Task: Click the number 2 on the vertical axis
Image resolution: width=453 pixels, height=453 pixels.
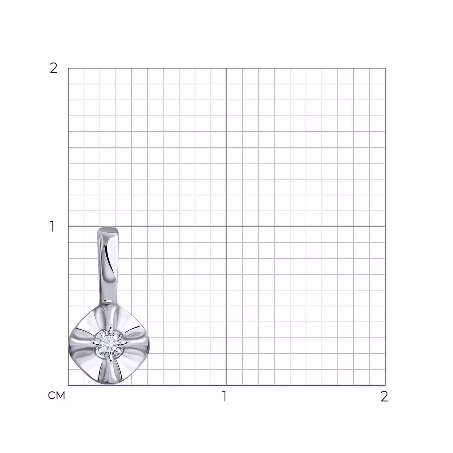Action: pyautogui.click(x=54, y=68)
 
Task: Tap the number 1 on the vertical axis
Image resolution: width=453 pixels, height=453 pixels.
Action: pyautogui.click(x=52, y=226)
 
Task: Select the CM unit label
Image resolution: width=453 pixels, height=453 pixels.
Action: pyautogui.click(x=57, y=396)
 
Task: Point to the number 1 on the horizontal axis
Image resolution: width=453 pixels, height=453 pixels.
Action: pyautogui.click(x=224, y=396)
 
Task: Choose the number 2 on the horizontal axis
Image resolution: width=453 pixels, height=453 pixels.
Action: pyautogui.click(x=384, y=396)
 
